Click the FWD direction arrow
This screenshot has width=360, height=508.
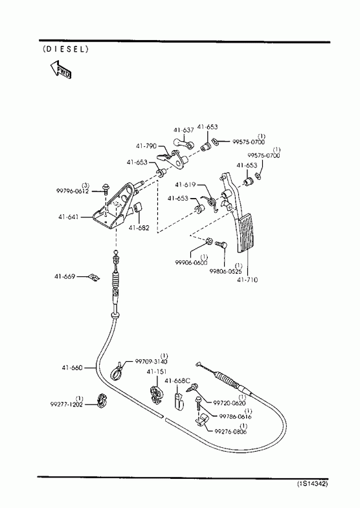(x=61, y=69)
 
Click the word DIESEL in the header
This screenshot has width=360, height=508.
(x=65, y=49)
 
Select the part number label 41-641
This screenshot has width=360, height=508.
(x=69, y=217)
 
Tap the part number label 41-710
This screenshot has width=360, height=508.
(x=247, y=280)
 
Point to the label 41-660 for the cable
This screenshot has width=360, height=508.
(x=73, y=368)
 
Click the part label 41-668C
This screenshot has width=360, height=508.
(x=177, y=381)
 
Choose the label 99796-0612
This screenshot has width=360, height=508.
(x=73, y=191)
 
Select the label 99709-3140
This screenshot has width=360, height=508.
(x=151, y=362)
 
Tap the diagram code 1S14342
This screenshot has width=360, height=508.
(x=312, y=483)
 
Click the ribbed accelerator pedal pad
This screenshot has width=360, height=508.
(x=248, y=234)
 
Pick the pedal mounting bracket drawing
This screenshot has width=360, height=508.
(x=115, y=206)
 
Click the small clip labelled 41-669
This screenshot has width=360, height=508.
(x=95, y=278)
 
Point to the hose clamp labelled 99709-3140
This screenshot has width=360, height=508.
(x=117, y=371)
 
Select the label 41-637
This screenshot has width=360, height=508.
(x=183, y=130)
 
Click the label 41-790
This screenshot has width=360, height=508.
(x=146, y=146)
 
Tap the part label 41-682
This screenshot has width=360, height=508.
(x=139, y=228)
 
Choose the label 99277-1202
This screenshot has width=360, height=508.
(x=67, y=404)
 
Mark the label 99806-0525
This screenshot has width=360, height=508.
(x=226, y=272)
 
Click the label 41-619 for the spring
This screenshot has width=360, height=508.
(x=185, y=184)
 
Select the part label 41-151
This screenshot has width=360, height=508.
(x=157, y=372)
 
